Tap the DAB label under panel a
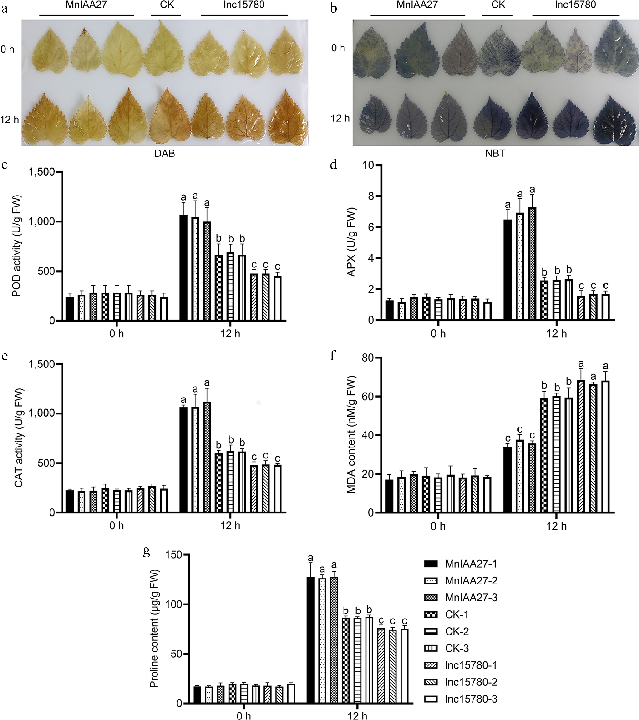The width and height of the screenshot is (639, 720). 165,154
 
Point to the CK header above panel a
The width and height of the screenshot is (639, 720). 167,5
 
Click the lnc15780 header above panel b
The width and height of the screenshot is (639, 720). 575,5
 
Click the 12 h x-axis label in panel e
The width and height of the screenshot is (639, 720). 230,526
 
